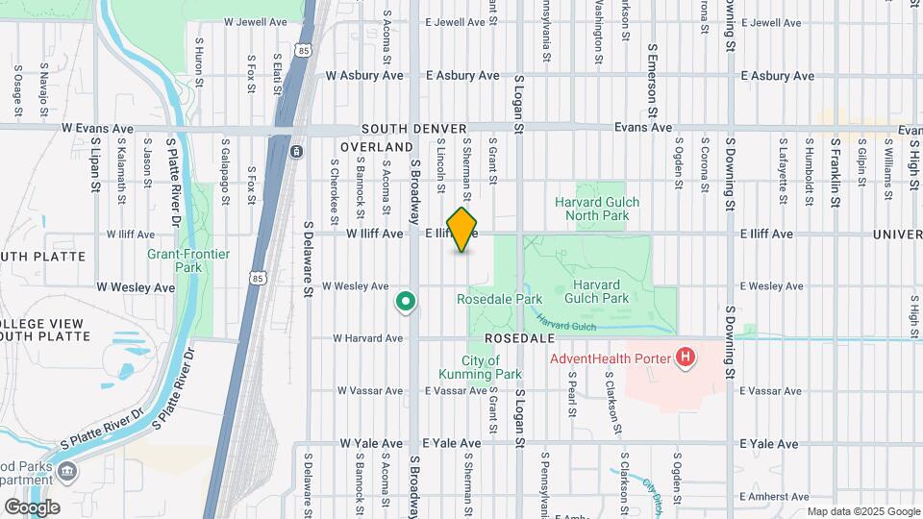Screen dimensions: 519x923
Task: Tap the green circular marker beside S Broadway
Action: click(406, 303)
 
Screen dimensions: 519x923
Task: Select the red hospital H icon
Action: click(686, 359)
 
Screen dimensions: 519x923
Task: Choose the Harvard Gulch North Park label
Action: click(597, 209)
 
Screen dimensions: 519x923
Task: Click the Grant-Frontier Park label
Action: click(175, 260)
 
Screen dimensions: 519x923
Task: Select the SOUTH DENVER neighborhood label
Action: click(414, 129)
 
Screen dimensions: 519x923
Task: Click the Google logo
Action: click(32, 507)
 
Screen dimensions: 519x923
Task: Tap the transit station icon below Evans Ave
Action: click(297, 152)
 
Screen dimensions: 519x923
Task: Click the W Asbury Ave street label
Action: click(361, 75)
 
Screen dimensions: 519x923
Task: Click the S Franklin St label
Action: click(836, 177)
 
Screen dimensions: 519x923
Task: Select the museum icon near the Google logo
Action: click(68, 471)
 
